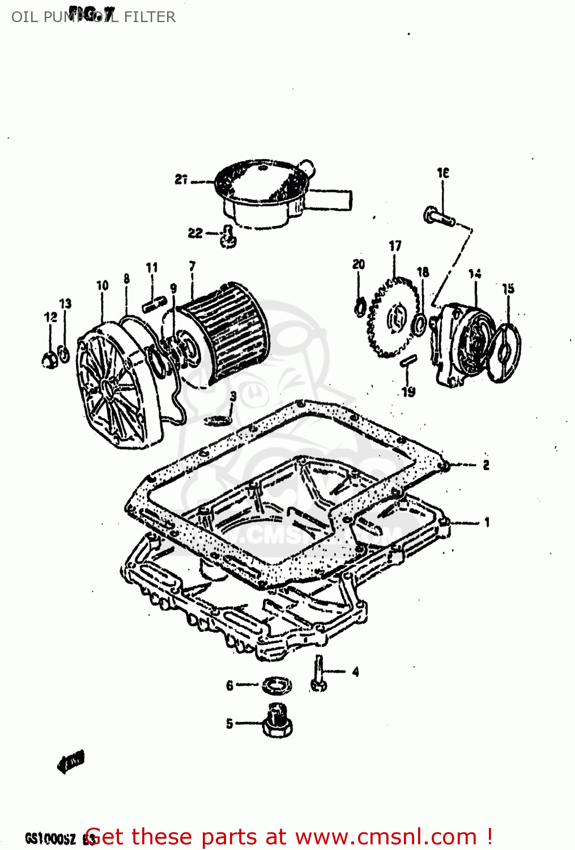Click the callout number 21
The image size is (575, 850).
181,180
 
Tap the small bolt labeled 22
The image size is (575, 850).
229,237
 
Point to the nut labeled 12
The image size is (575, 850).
49,359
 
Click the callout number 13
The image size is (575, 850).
66,304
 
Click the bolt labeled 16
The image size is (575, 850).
438,216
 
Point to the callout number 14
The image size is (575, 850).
475,274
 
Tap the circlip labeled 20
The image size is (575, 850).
359,308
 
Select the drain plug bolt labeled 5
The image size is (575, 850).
278,721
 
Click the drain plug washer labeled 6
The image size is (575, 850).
277,685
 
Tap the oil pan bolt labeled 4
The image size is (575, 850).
318,674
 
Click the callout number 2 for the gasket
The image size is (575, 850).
486,465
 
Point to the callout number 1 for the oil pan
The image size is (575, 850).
487,522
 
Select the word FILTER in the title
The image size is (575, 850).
150,17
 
